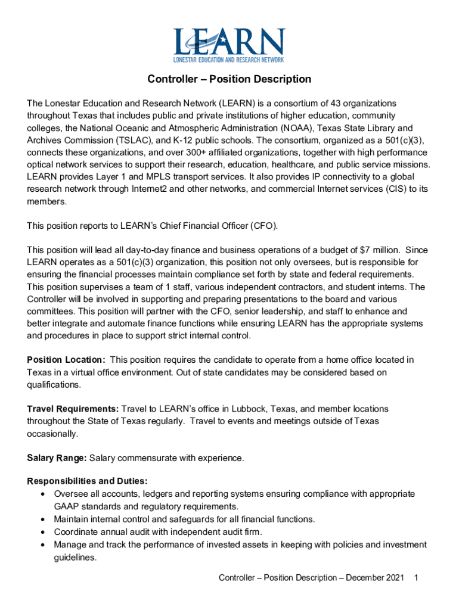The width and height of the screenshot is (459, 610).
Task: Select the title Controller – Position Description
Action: tap(229, 79)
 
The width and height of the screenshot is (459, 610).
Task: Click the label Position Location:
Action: tap(67, 360)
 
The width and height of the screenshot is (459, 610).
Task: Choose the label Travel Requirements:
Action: tap(73, 409)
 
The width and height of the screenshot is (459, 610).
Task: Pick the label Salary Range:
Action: tap(58, 458)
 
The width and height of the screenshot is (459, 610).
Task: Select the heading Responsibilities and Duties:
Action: tap(88, 481)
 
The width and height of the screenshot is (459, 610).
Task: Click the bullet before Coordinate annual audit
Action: tap(42, 532)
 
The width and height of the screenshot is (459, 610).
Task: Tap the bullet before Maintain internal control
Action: tap(42, 519)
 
